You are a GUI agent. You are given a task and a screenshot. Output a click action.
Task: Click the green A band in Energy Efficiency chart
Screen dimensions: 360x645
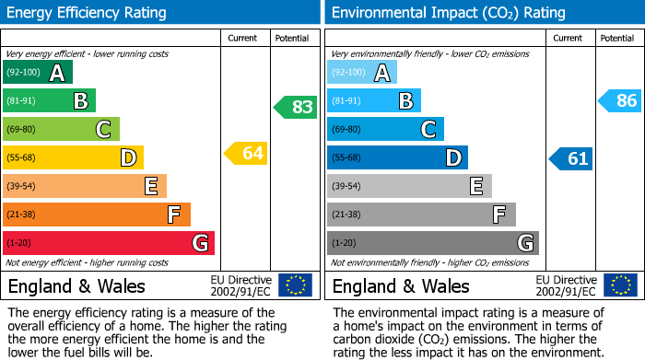point(38,73)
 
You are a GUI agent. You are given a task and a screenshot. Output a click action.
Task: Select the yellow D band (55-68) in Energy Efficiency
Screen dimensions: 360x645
point(73,157)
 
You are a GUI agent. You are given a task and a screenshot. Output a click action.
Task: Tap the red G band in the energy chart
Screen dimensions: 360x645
point(109,243)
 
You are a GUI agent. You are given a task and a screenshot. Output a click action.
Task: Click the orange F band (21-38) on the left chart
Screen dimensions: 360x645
point(97,215)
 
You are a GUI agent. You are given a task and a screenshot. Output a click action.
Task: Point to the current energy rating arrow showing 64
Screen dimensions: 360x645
point(246,153)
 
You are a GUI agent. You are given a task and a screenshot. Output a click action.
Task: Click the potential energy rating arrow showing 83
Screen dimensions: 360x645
point(296,107)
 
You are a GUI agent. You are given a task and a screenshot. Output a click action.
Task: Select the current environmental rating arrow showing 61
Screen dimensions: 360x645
point(570,158)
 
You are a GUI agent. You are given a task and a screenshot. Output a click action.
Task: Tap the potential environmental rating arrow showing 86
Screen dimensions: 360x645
point(619,100)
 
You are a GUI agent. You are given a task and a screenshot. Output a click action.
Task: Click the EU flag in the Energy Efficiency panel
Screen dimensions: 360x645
point(296,285)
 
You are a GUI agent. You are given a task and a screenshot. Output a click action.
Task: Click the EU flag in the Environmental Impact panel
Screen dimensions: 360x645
point(620,285)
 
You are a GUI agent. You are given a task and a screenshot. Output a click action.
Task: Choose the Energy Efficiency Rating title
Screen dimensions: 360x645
point(88,13)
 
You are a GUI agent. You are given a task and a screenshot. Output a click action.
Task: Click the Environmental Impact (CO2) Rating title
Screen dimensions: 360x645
point(448,13)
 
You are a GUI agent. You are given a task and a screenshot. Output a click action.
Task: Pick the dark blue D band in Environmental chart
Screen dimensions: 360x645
point(397,157)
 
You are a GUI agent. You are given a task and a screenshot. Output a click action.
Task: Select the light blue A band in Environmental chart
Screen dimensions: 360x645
point(362,73)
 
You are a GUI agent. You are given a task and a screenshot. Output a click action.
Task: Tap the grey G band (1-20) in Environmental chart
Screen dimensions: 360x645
point(433,243)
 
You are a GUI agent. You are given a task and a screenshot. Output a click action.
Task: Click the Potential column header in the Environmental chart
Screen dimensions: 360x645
point(617,38)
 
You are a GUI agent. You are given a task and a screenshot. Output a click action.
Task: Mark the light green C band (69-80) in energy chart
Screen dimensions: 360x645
point(61,129)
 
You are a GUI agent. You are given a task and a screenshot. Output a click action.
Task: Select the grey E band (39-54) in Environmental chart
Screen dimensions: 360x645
point(409,186)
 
